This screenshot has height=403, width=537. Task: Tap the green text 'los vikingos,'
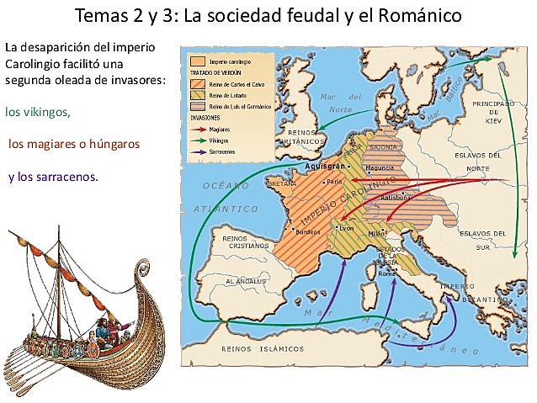point(38,111)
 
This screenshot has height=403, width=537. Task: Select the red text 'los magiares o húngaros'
point(74,144)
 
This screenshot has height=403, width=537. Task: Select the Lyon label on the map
point(344,227)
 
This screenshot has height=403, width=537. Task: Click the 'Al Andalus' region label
point(241,283)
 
